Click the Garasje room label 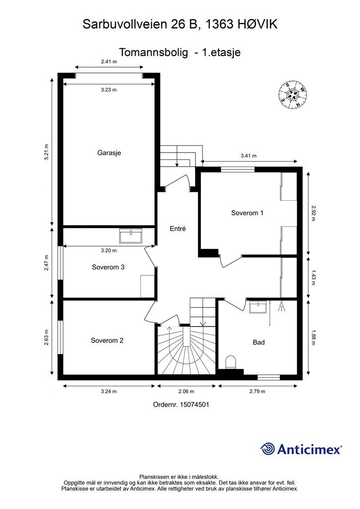coord(109,153)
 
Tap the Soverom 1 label coord(247,213)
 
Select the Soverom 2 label coord(107,340)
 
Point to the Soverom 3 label coord(108,267)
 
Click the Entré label coord(178,229)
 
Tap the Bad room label coord(259,342)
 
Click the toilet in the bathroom coord(231,362)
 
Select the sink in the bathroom coord(258,307)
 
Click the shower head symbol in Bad coord(281,306)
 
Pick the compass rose coord(292,94)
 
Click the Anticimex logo coord(301,449)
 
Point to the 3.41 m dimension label coord(249,156)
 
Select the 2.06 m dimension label coord(186,392)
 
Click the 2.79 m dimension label coord(258,392)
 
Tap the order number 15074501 coord(194,405)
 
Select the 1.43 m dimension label coord(313,277)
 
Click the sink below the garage coord(130,236)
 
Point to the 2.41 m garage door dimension coord(109,62)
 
